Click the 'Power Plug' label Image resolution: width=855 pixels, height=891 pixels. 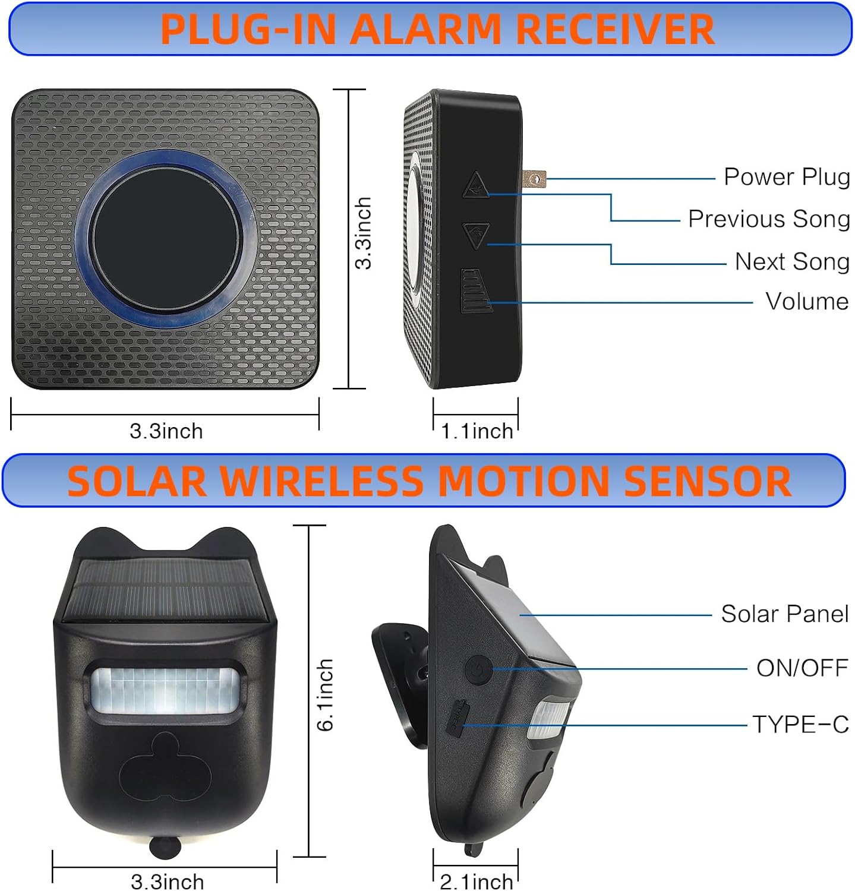click(786, 177)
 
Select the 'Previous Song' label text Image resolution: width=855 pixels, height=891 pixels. click(768, 219)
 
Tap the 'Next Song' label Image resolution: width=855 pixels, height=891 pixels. click(791, 261)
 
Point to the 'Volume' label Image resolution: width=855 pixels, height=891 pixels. click(806, 301)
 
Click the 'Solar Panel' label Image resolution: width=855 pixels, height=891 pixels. click(784, 614)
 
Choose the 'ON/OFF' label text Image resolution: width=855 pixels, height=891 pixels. click(802, 668)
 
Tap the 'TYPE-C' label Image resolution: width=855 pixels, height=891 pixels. click(800, 724)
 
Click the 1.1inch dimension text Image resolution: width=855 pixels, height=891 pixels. click(477, 431)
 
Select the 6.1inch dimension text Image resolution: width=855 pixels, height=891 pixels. click(325, 694)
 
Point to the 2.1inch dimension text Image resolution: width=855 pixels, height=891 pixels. click(477, 881)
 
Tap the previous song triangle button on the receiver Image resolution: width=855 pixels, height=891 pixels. click(476, 185)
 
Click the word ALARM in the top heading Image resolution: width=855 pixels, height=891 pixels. click(425, 29)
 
